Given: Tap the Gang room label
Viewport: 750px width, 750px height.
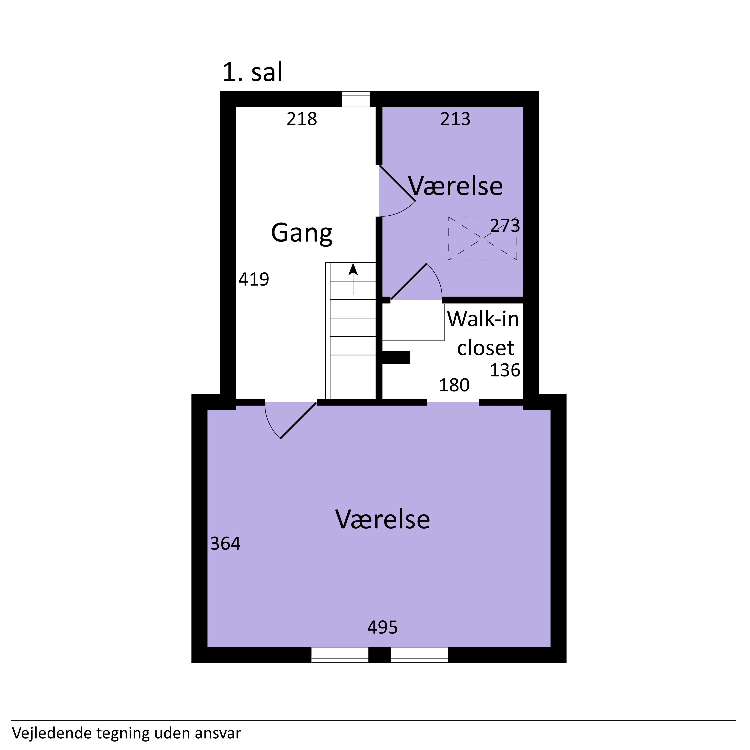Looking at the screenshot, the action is pos(302,233).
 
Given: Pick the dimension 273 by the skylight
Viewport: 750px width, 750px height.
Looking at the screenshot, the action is pos(505,226).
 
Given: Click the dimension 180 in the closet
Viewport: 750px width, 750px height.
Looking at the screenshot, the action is pos(454,385).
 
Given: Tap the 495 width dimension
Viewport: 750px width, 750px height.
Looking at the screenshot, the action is pos(382,627).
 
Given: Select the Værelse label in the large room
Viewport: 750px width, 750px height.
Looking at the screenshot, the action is pos(383,519).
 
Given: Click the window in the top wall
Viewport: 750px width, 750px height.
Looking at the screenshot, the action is pos(355,99).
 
